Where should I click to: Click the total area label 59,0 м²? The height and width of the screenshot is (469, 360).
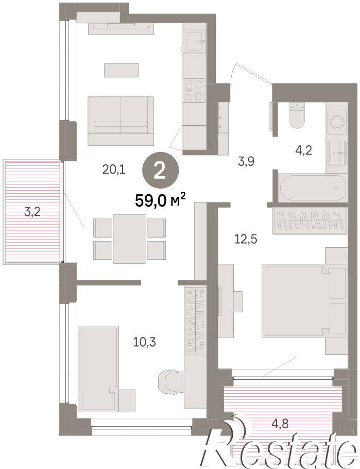tap(161, 200)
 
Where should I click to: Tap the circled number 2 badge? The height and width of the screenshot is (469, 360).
tap(160, 173)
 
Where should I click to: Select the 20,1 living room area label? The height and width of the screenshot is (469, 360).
tap(114, 170)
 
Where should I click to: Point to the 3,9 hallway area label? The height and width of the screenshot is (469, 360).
tap(246, 161)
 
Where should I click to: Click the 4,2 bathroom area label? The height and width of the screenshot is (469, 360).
tap(303, 150)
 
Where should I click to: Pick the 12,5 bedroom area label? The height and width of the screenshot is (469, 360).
tap(246, 239)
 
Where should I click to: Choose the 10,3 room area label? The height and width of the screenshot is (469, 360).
tap(145, 342)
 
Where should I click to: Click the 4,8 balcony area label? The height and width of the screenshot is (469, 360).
tap(280, 424)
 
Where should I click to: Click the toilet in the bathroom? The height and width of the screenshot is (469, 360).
tap(297, 115)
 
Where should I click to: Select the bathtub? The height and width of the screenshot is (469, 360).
tap(313, 188)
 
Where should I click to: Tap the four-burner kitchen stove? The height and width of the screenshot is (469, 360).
tap(194, 90)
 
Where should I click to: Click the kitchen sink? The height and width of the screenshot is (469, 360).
tap(194, 41)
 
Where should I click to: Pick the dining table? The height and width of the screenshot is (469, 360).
tap(129, 239)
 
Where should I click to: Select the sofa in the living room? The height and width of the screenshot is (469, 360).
tap(121, 121)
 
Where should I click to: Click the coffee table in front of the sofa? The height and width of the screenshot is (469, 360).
tap(122, 70)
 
